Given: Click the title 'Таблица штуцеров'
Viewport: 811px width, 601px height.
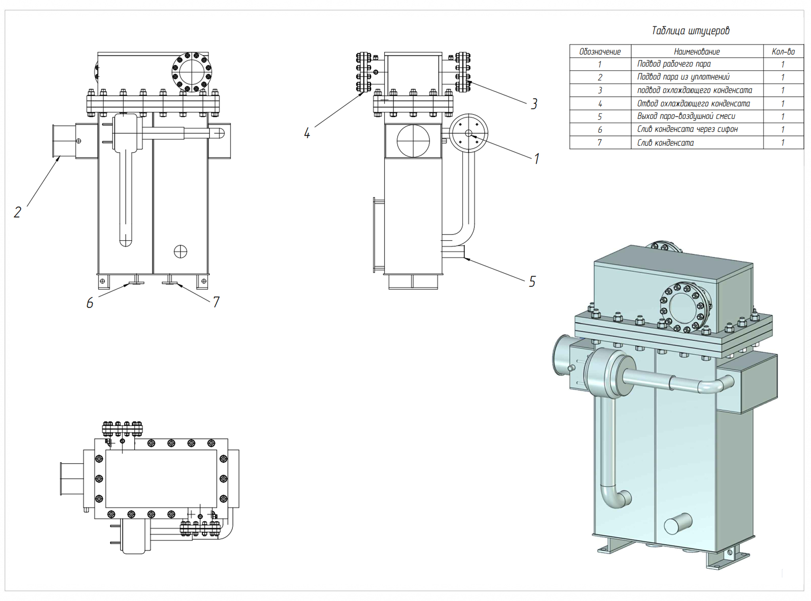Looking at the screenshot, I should [690, 31].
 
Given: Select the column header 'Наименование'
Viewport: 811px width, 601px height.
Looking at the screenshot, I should [697, 52].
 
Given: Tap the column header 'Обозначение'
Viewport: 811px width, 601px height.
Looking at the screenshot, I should [600, 52].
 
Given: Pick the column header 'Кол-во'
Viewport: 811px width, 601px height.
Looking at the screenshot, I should [783, 52].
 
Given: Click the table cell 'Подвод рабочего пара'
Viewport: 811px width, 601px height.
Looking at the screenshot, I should [674, 64].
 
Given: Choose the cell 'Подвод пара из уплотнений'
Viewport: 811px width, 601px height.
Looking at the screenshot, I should [683, 77].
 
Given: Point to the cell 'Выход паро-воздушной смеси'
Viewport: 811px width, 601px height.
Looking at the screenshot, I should [686, 116].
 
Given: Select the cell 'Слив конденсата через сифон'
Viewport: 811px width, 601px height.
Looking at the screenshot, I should [687, 130].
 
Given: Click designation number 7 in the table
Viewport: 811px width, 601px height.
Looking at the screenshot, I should [600, 143].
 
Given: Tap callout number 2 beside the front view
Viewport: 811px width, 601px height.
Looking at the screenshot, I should [17, 212].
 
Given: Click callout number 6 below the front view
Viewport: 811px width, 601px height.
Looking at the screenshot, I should [90, 303].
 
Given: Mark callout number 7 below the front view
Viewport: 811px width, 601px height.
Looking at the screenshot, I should [216, 302].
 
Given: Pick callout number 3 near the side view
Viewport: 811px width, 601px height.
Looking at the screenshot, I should [534, 104].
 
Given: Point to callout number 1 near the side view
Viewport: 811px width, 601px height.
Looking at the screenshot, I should [537, 159].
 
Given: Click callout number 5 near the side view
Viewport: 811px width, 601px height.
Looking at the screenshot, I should [532, 282].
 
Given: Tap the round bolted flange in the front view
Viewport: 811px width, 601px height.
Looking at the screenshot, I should [192, 72].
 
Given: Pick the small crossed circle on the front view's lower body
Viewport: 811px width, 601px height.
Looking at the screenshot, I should [181, 252].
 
